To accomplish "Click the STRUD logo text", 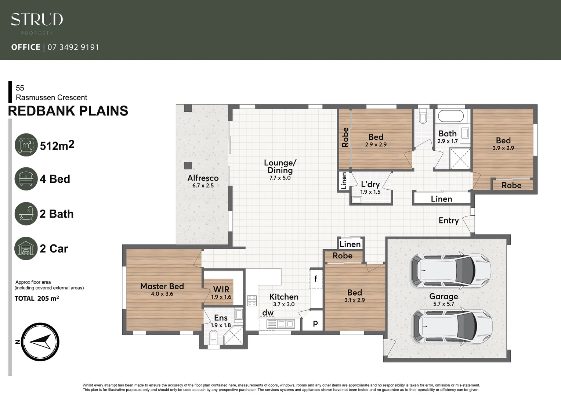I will [37, 19].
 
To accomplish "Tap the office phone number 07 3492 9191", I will [73, 47].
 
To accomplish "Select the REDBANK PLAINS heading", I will [68, 111].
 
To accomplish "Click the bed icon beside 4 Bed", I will [26, 179].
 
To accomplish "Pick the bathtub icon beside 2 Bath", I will [26, 214].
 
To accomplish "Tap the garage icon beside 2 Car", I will [26, 248].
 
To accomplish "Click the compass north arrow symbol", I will [40, 342].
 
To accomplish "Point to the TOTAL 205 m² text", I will [37, 298].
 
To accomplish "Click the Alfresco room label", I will [203, 178].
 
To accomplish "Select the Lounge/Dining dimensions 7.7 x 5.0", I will [280, 178].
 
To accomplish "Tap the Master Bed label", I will [162, 286].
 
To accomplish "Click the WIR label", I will [221, 289].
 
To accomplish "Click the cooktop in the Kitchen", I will [252, 300].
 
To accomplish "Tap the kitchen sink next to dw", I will [286, 324].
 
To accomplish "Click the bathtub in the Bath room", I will [451, 117].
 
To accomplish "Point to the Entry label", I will [449, 221].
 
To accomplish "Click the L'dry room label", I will [370, 185].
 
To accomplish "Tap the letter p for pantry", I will [315, 323].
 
